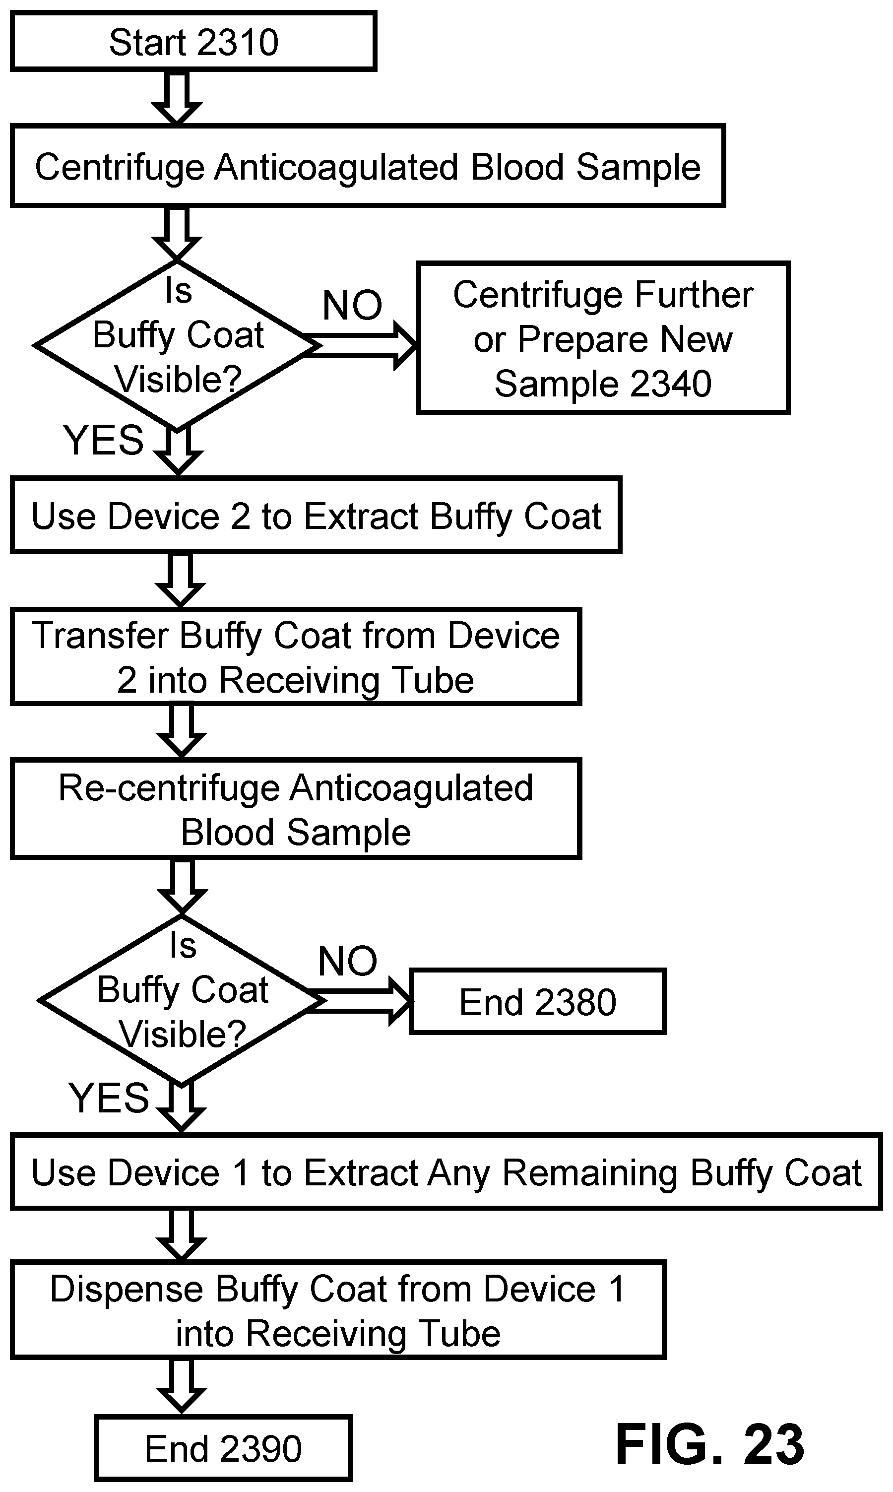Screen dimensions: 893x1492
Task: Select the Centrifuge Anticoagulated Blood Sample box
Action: click(368, 166)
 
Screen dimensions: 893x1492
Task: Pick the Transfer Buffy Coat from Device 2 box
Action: click(296, 656)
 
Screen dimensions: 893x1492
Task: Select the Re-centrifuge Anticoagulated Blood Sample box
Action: click(296, 809)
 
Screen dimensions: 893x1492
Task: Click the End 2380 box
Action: click(538, 1002)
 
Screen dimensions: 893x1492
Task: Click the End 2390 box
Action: click(223, 1448)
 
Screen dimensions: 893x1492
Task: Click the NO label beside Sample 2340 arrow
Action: click(352, 305)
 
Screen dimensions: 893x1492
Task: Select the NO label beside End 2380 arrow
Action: click(347, 961)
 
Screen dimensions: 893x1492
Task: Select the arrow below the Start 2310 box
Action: click(177, 98)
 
